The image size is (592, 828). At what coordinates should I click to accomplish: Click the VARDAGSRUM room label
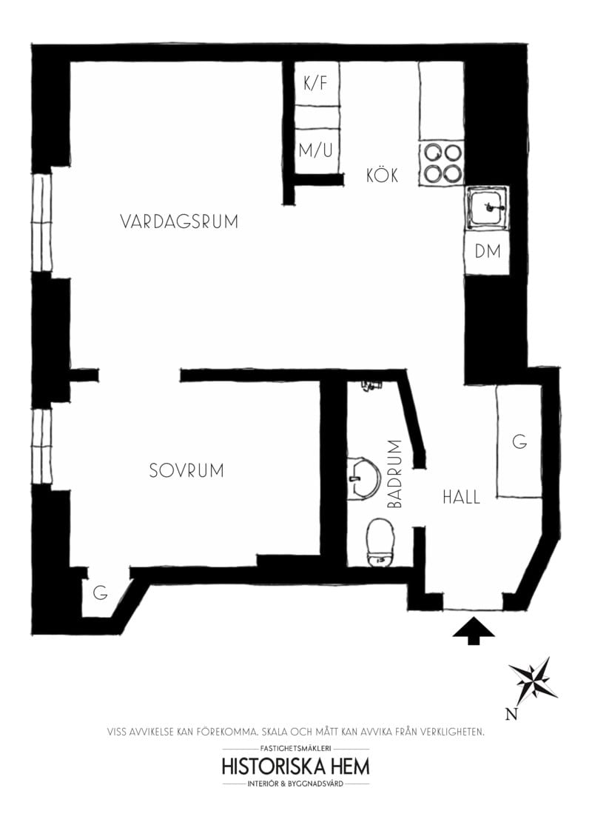(179, 221)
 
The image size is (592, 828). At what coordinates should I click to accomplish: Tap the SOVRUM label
(186, 470)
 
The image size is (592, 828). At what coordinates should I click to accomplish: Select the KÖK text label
(383, 176)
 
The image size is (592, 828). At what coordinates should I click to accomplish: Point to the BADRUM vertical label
(394, 474)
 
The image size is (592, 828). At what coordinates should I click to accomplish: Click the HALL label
(461, 497)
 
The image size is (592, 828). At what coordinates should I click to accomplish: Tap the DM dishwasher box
(488, 252)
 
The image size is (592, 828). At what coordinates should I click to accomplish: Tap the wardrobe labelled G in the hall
(519, 442)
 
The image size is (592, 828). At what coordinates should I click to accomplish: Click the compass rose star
(534, 678)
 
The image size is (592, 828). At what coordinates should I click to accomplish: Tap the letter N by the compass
(510, 715)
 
